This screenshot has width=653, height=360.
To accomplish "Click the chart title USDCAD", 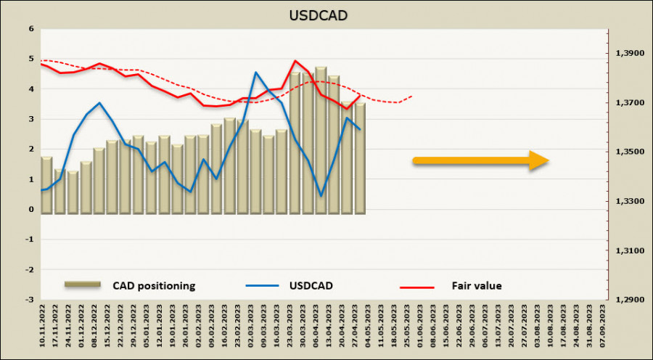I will tap(325, 14).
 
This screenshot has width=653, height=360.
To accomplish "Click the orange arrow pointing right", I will tap(480, 161).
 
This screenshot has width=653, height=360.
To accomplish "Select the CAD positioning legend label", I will tap(154, 285).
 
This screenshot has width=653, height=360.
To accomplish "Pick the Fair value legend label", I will tap(476, 285).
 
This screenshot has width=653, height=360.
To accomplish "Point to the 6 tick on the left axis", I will tap(30, 29).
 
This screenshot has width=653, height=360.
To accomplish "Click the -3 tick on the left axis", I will tap(29, 299).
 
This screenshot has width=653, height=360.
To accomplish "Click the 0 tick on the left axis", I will tap(30, 209).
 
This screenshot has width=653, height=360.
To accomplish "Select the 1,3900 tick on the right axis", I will tap(629, 54).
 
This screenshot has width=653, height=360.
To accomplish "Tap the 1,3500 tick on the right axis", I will tap(629, 152).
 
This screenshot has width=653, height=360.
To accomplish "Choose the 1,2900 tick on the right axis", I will tap(629, 299).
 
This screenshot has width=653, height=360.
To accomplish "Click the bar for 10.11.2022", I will tap(46, 185).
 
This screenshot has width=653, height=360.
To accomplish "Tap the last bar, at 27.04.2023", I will tap(360, 158).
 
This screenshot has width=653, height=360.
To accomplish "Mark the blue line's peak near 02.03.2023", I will tap(255, 73).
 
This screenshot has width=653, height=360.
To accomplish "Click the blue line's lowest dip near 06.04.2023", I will tap(321, 195).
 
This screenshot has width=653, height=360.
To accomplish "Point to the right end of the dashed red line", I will tap(412, 96).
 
